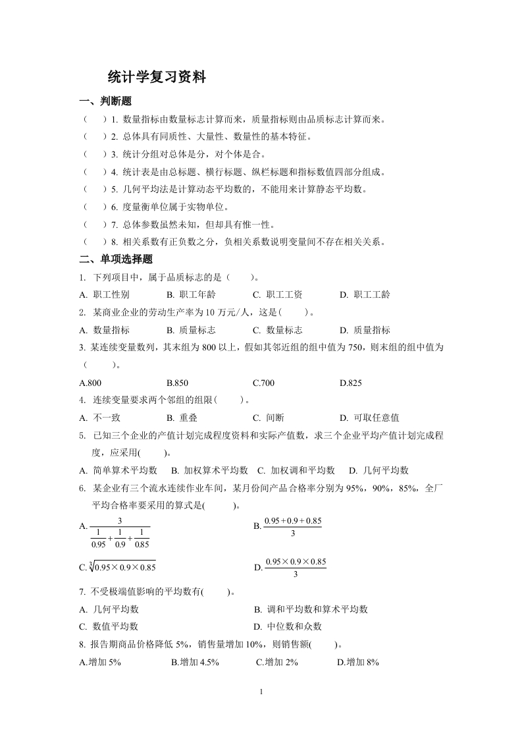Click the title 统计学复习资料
click(157, 78)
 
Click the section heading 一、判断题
click(105, 101)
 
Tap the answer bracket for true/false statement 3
click(95, 155)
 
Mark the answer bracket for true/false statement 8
click(95, 242)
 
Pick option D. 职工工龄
click(365, 295)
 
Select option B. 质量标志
click(191, 330)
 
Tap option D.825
click(351, 383)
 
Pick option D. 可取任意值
click(369, 418)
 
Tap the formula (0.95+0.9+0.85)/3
click(292, 527)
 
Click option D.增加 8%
click(358, 662)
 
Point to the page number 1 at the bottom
click(261, 692)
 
